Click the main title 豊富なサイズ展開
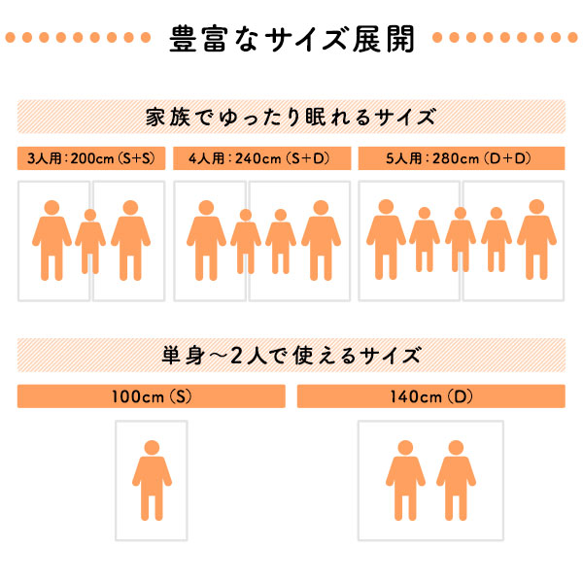tap(291, 39)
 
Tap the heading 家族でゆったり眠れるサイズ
tap(291, 118)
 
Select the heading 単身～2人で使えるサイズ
tap(291, 356)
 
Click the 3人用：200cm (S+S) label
tap(91, 158)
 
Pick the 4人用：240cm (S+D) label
tap(259, 158)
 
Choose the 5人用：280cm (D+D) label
tap(459, 158)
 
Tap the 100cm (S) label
tap(152, 396)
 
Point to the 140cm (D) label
tap(431, 396)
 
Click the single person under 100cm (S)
tap(152, 480)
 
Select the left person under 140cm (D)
tap(405, 480)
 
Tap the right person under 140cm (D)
tap(456, 480)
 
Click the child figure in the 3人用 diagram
tap(90, 241)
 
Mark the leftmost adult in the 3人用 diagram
tap(51, 240)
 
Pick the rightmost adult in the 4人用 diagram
tap(321, 240)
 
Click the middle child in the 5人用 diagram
tap(461, 239)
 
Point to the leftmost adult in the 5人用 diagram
tap(386, 239)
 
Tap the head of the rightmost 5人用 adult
tap(536, 207)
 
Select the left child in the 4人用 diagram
tap(246, 241)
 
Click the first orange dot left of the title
tap(11, 37)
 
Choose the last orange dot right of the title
tap(572, 37)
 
